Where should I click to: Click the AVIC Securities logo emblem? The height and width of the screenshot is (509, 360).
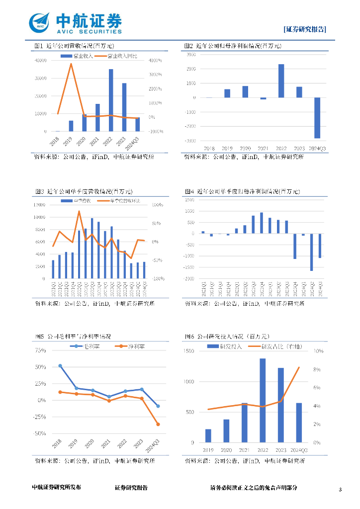[40, 22]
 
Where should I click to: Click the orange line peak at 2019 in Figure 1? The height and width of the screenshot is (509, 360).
[71, 64]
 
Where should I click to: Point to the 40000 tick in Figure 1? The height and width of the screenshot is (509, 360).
[41, 61]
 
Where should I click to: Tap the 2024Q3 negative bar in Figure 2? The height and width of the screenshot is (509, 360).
[317, 118]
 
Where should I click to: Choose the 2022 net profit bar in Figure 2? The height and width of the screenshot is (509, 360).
[281, 81]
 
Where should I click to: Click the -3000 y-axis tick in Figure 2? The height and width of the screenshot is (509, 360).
[191, 141]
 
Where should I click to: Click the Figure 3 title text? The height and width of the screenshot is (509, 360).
[84, 191]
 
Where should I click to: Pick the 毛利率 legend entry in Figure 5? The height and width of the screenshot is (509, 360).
[86, 346]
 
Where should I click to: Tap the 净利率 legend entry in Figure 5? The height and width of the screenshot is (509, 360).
[130, 346]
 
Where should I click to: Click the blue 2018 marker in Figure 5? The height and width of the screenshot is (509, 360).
[60, 366]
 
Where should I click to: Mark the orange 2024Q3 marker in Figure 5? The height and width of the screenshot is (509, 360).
[158, 424]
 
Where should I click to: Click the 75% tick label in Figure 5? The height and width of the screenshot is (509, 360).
[40, 350]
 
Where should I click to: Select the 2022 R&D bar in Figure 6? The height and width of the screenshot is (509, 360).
[263, 400]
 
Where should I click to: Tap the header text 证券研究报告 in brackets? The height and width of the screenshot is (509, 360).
[305, 29]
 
